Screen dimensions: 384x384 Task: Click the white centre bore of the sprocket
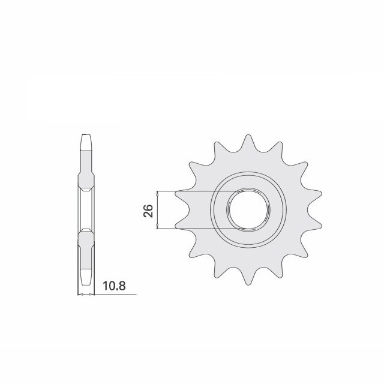point(248,209)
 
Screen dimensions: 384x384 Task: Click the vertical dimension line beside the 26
point(157,210)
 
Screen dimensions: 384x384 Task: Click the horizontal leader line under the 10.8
point(117,295)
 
